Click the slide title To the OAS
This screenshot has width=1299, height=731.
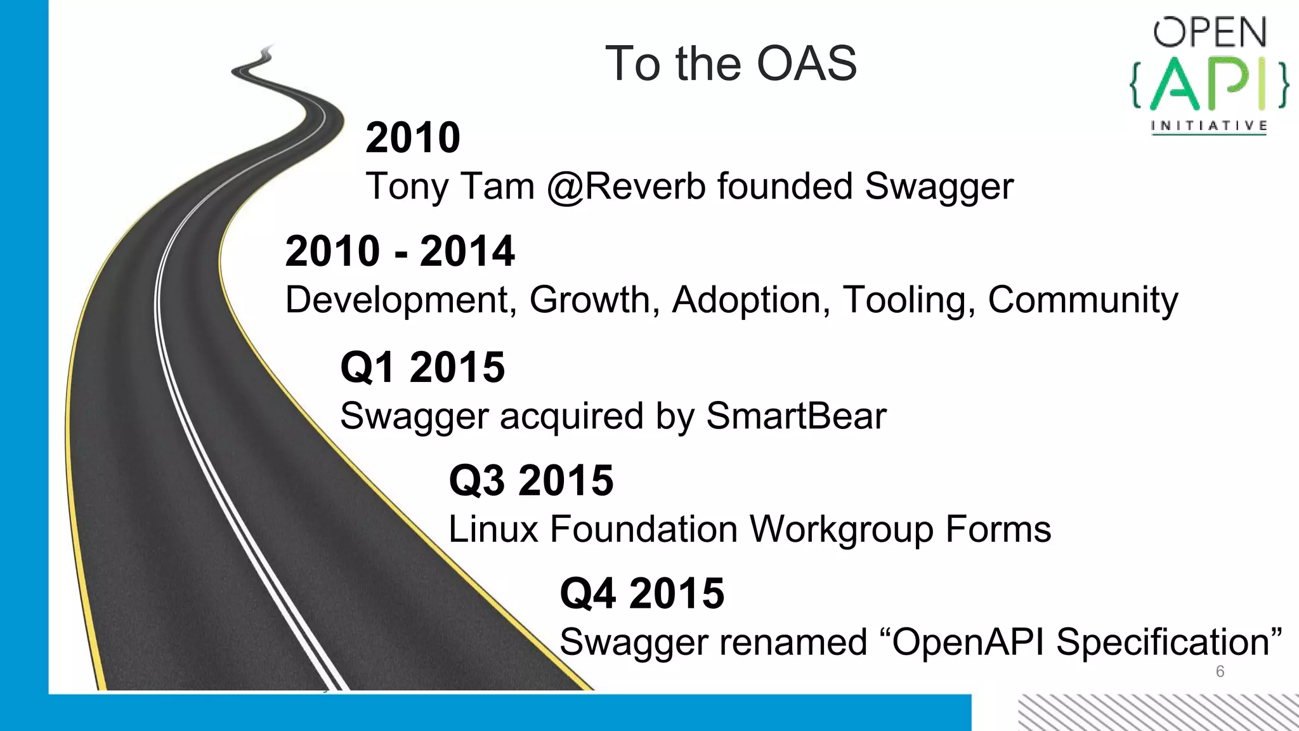pos(731,63)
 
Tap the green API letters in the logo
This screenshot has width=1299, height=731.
pos(1210,84)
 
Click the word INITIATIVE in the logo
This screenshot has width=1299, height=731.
pos(1209,126)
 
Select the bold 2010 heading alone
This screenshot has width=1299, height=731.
pos(413,138)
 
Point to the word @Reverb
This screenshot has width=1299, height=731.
pos(626,187)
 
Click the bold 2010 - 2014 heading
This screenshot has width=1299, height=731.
pos(400,251)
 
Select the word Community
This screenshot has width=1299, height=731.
pos(1083,300)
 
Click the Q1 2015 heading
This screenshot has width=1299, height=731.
pos(422,367)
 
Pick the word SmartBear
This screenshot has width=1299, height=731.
pos(796,416)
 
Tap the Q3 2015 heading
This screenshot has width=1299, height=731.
pos(531,480)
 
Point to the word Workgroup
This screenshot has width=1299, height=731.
pos(841,529)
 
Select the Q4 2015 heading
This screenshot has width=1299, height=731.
pos(642,593)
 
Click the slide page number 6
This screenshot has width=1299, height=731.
pos(1220,671)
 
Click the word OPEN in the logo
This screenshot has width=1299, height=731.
pos(1210,33)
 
